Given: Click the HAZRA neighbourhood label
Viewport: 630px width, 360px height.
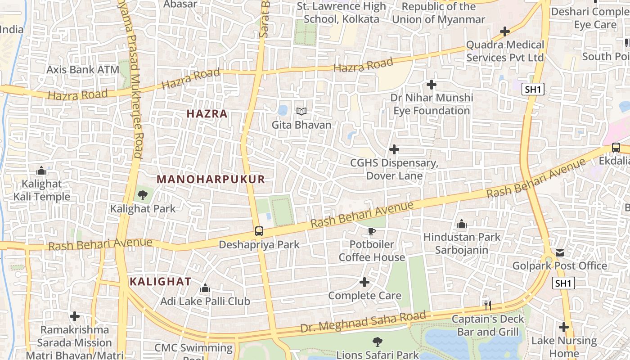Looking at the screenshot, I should (x=207, y=114).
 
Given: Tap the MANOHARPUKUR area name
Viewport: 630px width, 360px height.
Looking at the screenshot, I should (x=211, y=179).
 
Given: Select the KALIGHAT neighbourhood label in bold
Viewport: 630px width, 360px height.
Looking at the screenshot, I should (x=160, y=282).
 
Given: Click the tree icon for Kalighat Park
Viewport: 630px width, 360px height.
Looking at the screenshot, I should (x=143, y=195).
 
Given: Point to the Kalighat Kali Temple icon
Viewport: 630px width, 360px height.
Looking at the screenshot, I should (x=41, y=171).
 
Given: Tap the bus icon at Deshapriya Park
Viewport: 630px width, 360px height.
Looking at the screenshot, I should (x=259, y=231).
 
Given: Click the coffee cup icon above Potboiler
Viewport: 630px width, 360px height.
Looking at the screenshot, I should (x=371, y=232).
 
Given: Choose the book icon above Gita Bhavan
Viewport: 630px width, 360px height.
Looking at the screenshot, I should (x=301, y=111).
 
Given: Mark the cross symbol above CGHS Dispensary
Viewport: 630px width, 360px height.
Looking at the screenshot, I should (x=394, y=149).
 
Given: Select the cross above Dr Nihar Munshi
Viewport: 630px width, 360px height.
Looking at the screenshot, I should (x=431, y=84).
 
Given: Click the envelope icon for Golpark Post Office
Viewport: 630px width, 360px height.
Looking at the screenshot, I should (x=559, y=253).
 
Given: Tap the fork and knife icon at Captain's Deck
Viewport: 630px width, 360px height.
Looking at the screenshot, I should (x=487, y=306).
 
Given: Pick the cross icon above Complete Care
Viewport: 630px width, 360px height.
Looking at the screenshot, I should (x=364, y=282).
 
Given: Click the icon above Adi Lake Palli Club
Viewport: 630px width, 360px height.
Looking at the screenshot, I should (x=205, y=288).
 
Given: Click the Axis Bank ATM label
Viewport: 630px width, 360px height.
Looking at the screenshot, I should (x=83, y=70).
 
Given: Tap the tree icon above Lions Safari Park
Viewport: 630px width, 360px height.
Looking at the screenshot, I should (x=377, y=342).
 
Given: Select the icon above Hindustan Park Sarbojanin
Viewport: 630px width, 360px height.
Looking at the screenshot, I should (x=461, y=224).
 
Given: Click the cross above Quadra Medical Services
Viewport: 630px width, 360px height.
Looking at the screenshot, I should (x=505, y=31).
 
